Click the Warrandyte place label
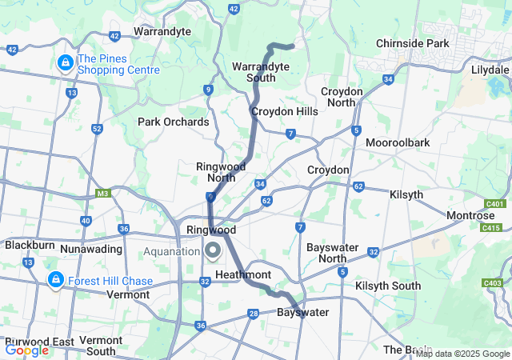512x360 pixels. pyautogui.click(x=162, y=31)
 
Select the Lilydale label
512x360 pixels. pyautogui.click(x=490, y=70)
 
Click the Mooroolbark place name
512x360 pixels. pyautogui.click(x=398, y=142)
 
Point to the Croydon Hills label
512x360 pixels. pyautogui.click(x=284, y=111)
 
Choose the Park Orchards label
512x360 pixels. pyautogui.click(x=174, y=122)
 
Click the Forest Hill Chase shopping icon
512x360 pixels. pyautogui.click(x=55, y=280)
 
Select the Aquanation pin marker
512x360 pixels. pyautogui.click(x=213, y=251)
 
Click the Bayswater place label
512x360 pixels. pyautogui.click(x=302, y=312)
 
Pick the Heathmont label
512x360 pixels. pyautogui.click(x=243, y=274)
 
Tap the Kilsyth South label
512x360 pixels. pyautogui.click(x=388, y=286)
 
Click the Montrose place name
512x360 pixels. pyautogui.click(x=470, y=216)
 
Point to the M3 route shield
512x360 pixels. pyautogui.click(x=102, y=193)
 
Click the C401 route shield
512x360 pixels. pyautogui.click(x=495, y=204)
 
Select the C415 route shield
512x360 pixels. pyautogui.click(x=490, y=229)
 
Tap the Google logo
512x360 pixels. pyautogui.click(x=26, y=350)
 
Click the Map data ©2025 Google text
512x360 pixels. pyautogui.click(x=462, y=354)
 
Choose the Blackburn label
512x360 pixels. pyautogui.click(x=30, y=246)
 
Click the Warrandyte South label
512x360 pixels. pyautogui.click(x=254, y=71)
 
